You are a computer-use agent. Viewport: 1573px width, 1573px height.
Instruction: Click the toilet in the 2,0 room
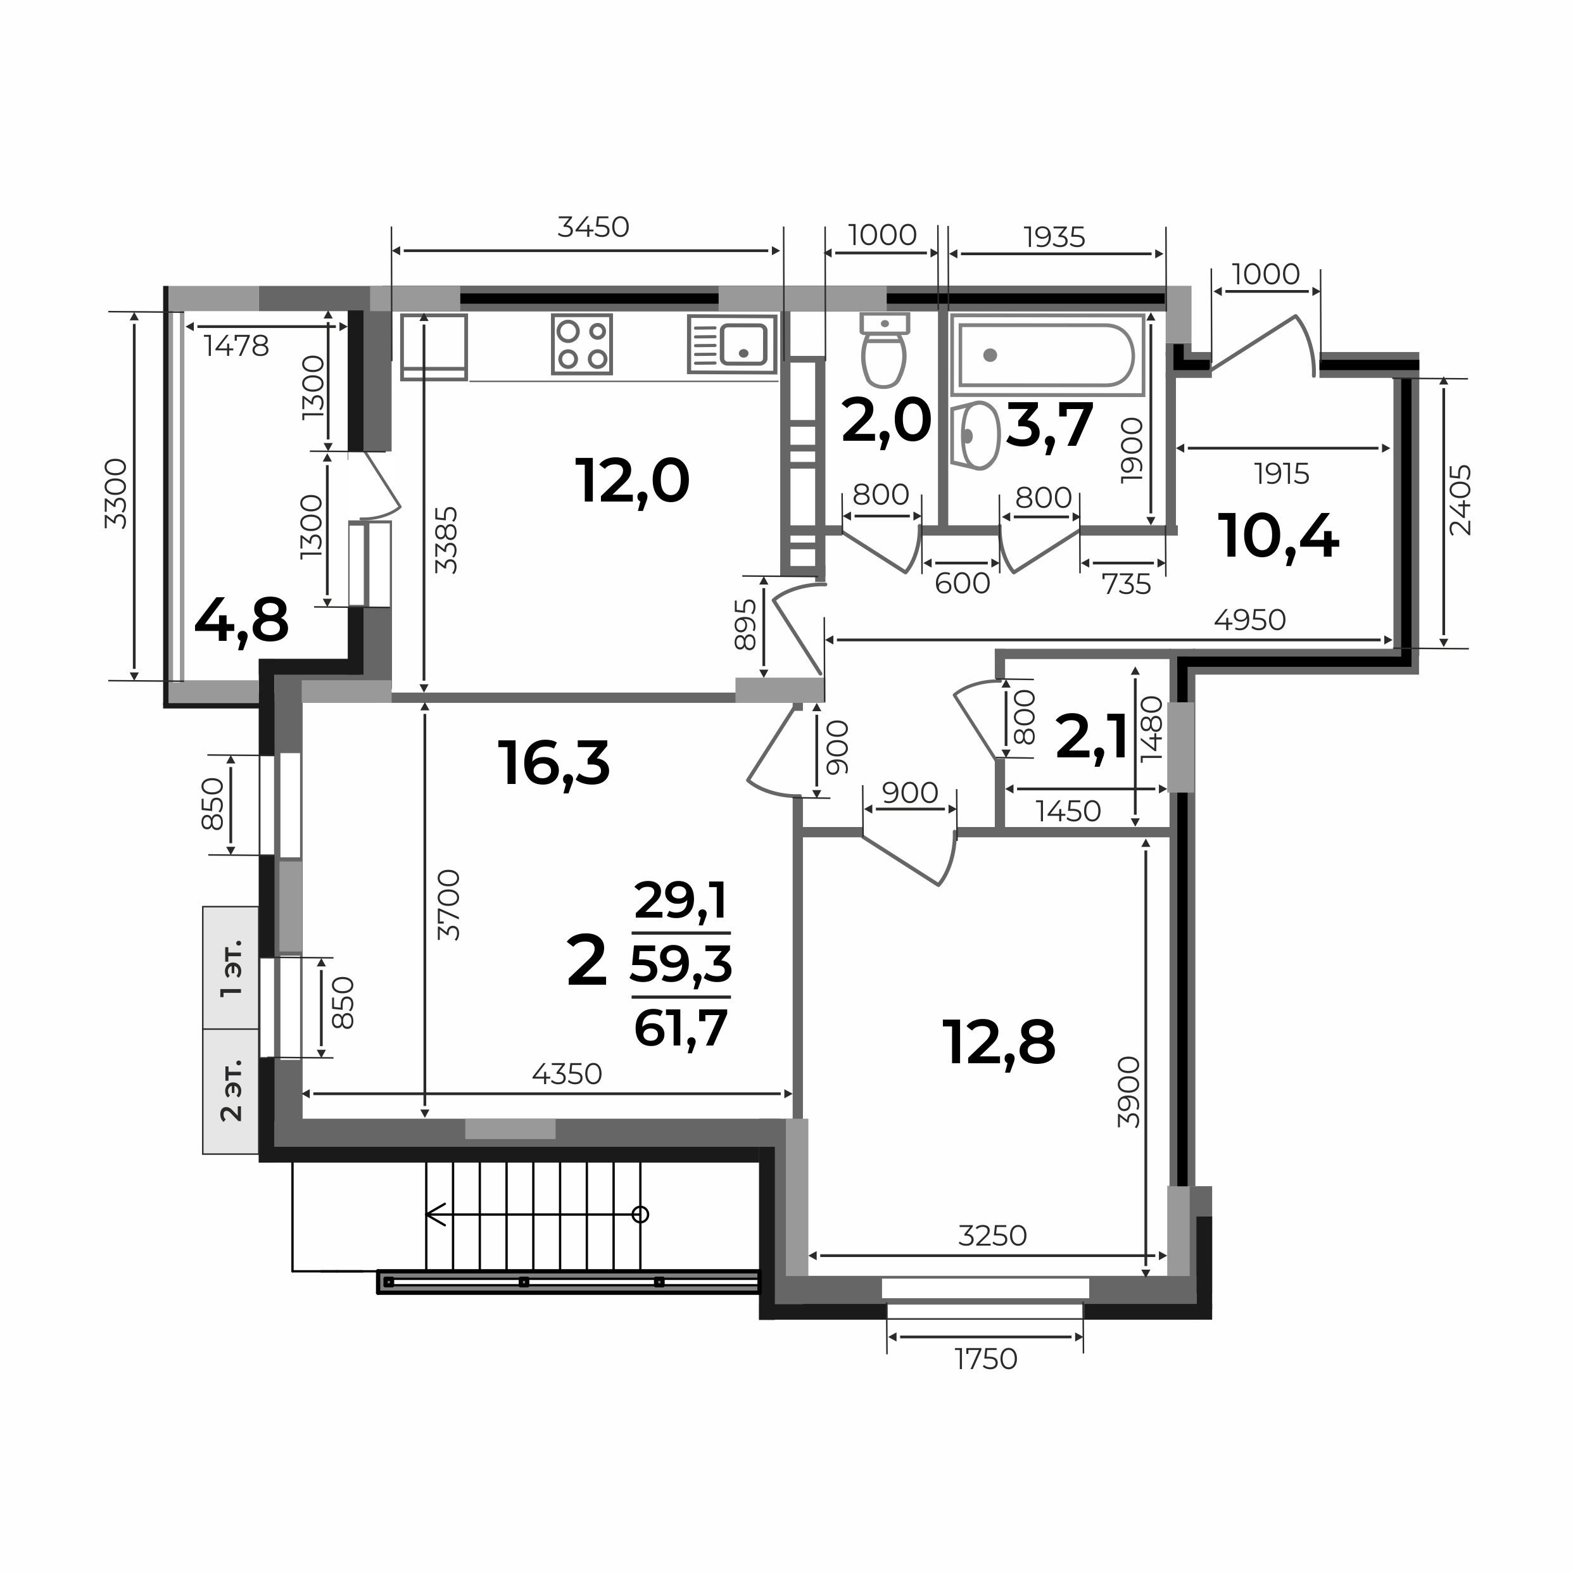click(x=884, y=350)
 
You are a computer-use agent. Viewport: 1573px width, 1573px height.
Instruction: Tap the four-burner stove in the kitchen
click(x=582, y=344)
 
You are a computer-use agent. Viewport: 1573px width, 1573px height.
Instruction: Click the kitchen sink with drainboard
click(x=732, y=344)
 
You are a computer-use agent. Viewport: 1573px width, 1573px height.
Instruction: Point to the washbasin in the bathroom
click(x=976, y=435)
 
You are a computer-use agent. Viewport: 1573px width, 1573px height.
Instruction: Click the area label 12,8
click(x=999, y=1043)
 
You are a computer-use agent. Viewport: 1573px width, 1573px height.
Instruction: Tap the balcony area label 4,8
click(x=242, y=621)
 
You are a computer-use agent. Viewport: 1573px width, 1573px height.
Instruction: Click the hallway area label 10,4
click(x=1279, y=538)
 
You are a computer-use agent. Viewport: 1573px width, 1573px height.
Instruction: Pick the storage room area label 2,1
click(x=1091, y=736)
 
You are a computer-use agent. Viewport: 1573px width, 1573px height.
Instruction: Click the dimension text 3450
click(x=593, y=227)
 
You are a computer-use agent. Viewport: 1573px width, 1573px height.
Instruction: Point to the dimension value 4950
click(x=1250, y=621)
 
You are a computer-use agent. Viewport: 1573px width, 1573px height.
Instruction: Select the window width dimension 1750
click(x=986, y=1360)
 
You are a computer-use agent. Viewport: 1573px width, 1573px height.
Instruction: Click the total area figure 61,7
click(x=681, y=1029)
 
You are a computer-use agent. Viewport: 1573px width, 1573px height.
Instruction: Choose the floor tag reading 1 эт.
click(x=232, y=968)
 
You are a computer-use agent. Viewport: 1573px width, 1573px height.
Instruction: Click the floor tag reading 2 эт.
click(x=232, y=1090)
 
